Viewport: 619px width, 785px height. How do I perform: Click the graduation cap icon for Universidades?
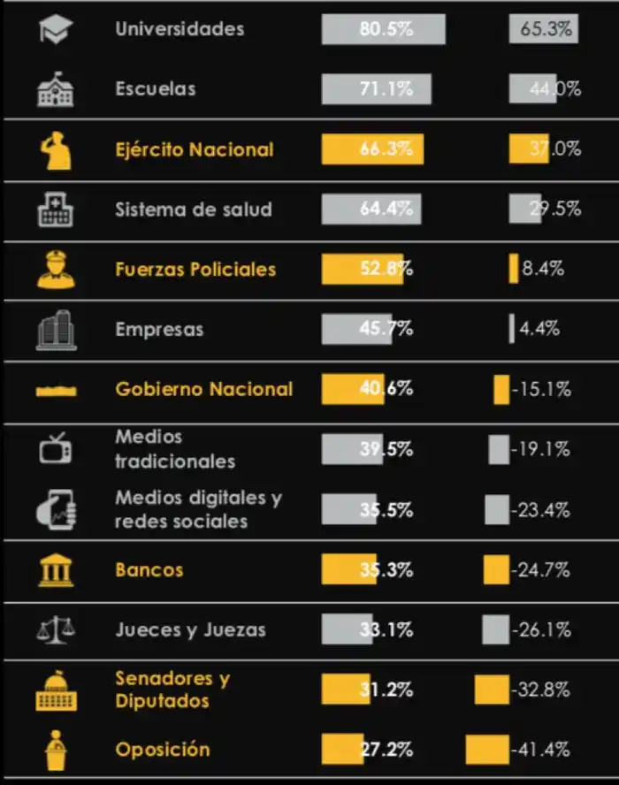pos(56,30)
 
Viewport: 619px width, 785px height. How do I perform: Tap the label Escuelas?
pos(156,89)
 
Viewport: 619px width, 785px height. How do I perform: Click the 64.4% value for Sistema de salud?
pos(386,210)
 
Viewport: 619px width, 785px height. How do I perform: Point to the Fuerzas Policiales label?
pos(195,270)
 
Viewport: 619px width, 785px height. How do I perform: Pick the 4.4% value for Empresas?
pos(539,329)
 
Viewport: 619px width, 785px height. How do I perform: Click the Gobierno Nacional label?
pos(203,389)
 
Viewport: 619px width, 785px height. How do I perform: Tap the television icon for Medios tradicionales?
pos(56,449)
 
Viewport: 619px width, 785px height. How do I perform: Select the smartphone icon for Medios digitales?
pos(56,510)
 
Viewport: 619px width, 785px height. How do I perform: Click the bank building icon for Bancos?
pos(56,570)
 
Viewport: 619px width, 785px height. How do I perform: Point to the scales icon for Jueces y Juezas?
pos(56,630)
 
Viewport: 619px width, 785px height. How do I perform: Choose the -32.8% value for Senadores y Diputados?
pos(540,690)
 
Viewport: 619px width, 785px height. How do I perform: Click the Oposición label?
pos(163,750)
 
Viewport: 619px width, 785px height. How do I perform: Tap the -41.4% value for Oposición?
pos(540,750)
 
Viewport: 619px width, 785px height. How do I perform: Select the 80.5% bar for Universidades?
pos(383,29)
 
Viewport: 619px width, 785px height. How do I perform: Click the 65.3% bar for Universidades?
pos(543,29)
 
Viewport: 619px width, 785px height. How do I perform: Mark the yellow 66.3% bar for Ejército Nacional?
pos(372,149)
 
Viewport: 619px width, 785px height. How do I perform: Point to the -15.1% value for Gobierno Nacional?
pos(540,389)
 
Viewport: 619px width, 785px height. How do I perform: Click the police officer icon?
pos(56,270)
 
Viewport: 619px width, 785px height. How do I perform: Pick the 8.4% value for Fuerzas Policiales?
pos(542,270)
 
